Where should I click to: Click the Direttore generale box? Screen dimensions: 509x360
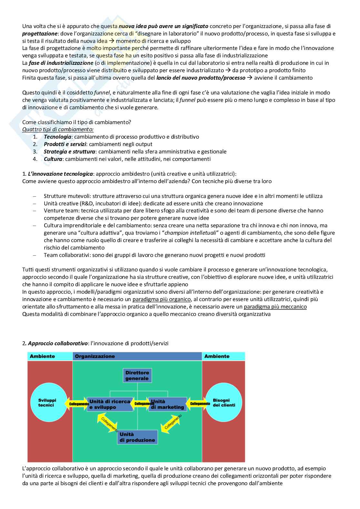pos(137,376)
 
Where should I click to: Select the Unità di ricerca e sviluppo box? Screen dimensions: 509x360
pos(110,404)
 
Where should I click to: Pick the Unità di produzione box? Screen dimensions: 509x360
pos(137,437)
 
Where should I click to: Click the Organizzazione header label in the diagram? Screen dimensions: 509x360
pos(95,356)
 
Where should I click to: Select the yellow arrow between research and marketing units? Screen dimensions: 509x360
pos(142,404)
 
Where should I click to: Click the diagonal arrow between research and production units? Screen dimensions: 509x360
pos(108,423)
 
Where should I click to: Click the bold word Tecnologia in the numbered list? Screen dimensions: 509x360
pos(57,137)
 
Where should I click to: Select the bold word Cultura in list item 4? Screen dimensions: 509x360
pos(53,159)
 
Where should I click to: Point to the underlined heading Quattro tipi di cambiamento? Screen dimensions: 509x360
pos(58,129)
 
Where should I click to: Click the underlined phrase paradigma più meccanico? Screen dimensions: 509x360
pos(275,307)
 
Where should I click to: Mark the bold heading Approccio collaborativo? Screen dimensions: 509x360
pos(58,343)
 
